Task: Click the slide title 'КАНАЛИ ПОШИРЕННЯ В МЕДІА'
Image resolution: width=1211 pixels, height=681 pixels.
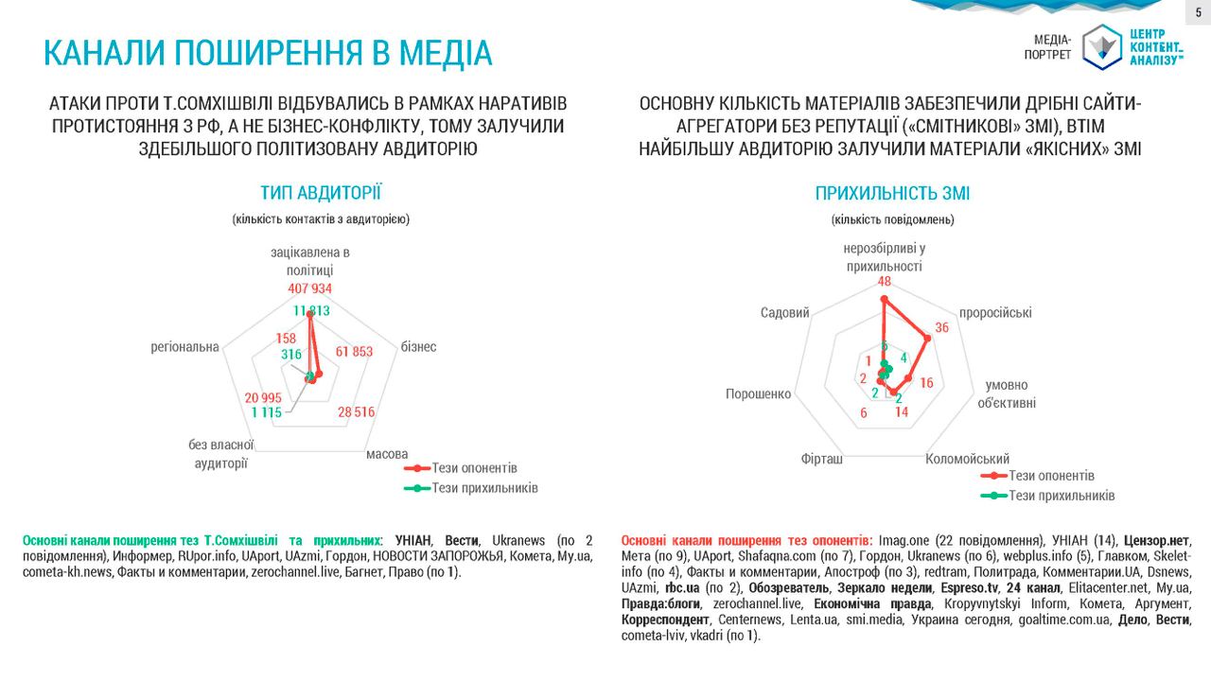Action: coord(268,53)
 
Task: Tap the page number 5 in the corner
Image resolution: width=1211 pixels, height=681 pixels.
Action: coord(1198,11)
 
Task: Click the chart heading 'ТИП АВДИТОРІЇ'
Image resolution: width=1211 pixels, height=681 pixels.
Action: coord(321,194)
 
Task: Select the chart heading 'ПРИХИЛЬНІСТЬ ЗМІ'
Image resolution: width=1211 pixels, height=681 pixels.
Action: coord(892,194)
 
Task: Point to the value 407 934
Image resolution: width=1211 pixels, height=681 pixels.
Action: coord(310,288)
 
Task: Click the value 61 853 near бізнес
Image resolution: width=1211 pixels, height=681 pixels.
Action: coord(354,352)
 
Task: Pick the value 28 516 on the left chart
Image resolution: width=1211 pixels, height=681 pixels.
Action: coord(356,411)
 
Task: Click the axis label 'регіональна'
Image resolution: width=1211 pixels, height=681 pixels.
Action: coord(184,347)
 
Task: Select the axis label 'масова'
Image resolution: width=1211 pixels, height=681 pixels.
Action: coord(387,454)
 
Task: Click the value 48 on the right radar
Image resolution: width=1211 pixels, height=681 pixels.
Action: coord(885,281)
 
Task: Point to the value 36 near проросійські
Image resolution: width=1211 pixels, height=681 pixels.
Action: coord(941,328)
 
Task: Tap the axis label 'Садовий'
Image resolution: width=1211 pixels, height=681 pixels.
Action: coord(784,313)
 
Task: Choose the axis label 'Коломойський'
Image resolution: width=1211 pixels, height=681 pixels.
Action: coord(967,460)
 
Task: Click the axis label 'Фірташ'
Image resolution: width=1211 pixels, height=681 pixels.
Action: coord(821,460)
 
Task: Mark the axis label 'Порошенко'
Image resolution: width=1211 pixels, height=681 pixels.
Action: coord(758,393)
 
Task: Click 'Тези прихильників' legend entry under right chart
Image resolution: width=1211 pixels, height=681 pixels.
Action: coord(1062,496)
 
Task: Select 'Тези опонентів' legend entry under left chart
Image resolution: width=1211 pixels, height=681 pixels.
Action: coord(474,468)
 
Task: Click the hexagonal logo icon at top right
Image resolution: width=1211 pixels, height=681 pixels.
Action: coord(1101,46)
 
